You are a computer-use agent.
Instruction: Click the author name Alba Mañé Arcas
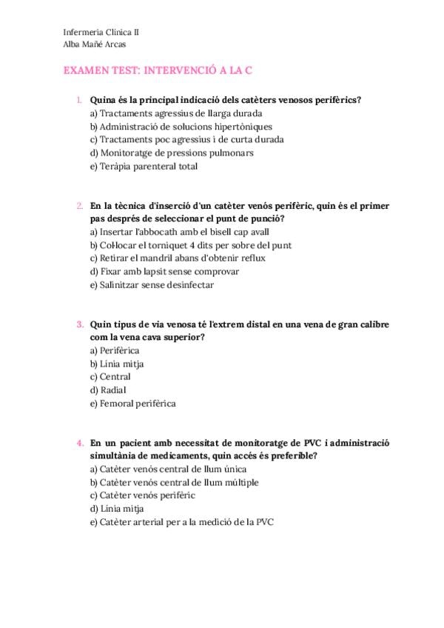click(x=95, y=44)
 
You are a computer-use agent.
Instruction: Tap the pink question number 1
click(x=79, y=99)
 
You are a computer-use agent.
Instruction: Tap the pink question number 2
click(x=80, y=205)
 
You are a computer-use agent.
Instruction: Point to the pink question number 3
click(x=80, y=324)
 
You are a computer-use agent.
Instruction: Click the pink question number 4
click(x=80, y=443)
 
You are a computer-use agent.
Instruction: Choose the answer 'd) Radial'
click(x=108, y=390)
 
